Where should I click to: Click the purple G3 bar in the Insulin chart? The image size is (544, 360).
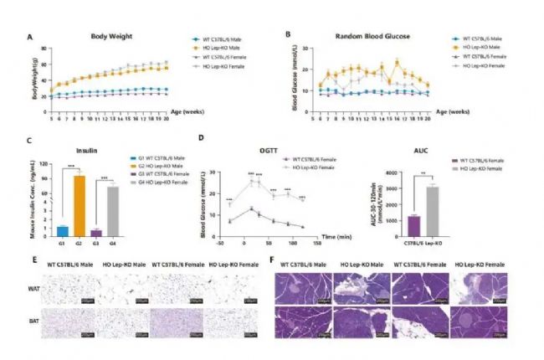point(98,234)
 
